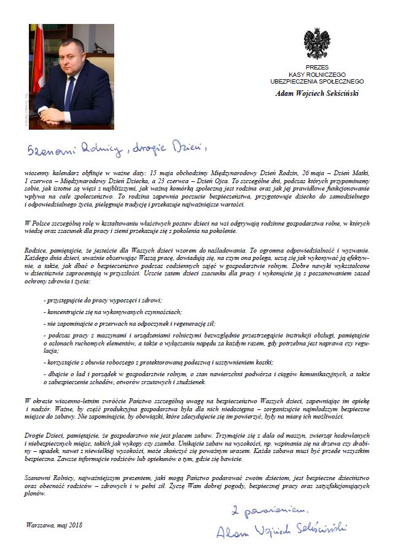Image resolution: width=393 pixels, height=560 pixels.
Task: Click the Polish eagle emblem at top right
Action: click(x=317, y=44)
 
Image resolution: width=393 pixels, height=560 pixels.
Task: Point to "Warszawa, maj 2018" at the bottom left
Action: click(x=54, y=525)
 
